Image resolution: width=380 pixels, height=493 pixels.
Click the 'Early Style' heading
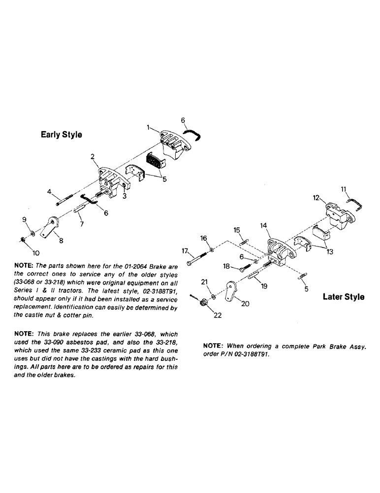(61, 135)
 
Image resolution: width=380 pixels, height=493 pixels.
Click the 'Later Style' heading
(344, 297)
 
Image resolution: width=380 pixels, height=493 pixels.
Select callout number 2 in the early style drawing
(92, 157)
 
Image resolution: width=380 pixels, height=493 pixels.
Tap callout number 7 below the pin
(82, 224)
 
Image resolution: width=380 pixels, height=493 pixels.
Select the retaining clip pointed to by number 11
(355, 202)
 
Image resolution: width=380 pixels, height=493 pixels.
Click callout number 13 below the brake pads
(329, 251)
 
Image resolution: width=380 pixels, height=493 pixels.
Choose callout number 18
(226, 266)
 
